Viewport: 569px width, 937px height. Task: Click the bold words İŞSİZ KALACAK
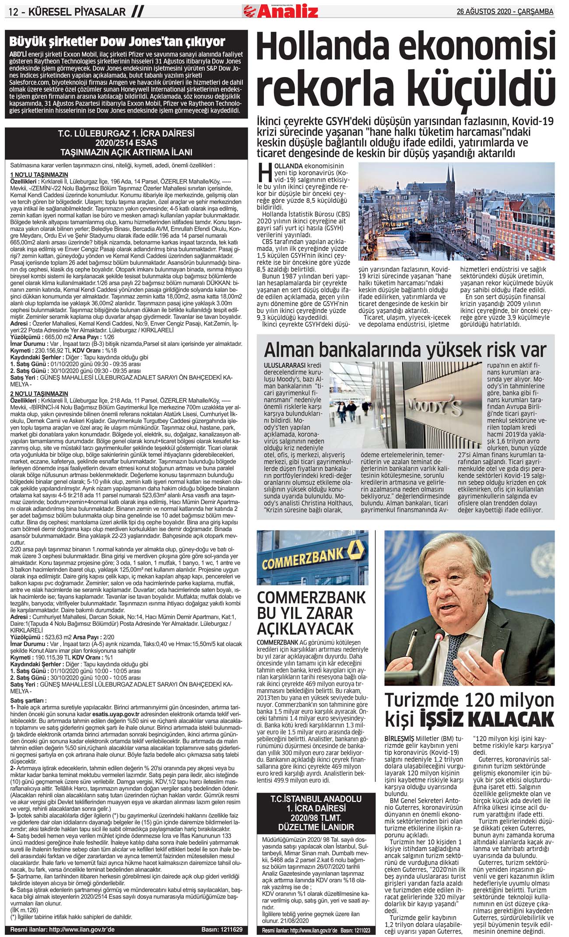(x=487, y=719)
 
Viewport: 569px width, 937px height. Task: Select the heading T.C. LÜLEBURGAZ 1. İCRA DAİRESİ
(x=126, y=134)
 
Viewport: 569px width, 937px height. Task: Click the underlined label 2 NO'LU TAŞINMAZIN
(x=39, y=394)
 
